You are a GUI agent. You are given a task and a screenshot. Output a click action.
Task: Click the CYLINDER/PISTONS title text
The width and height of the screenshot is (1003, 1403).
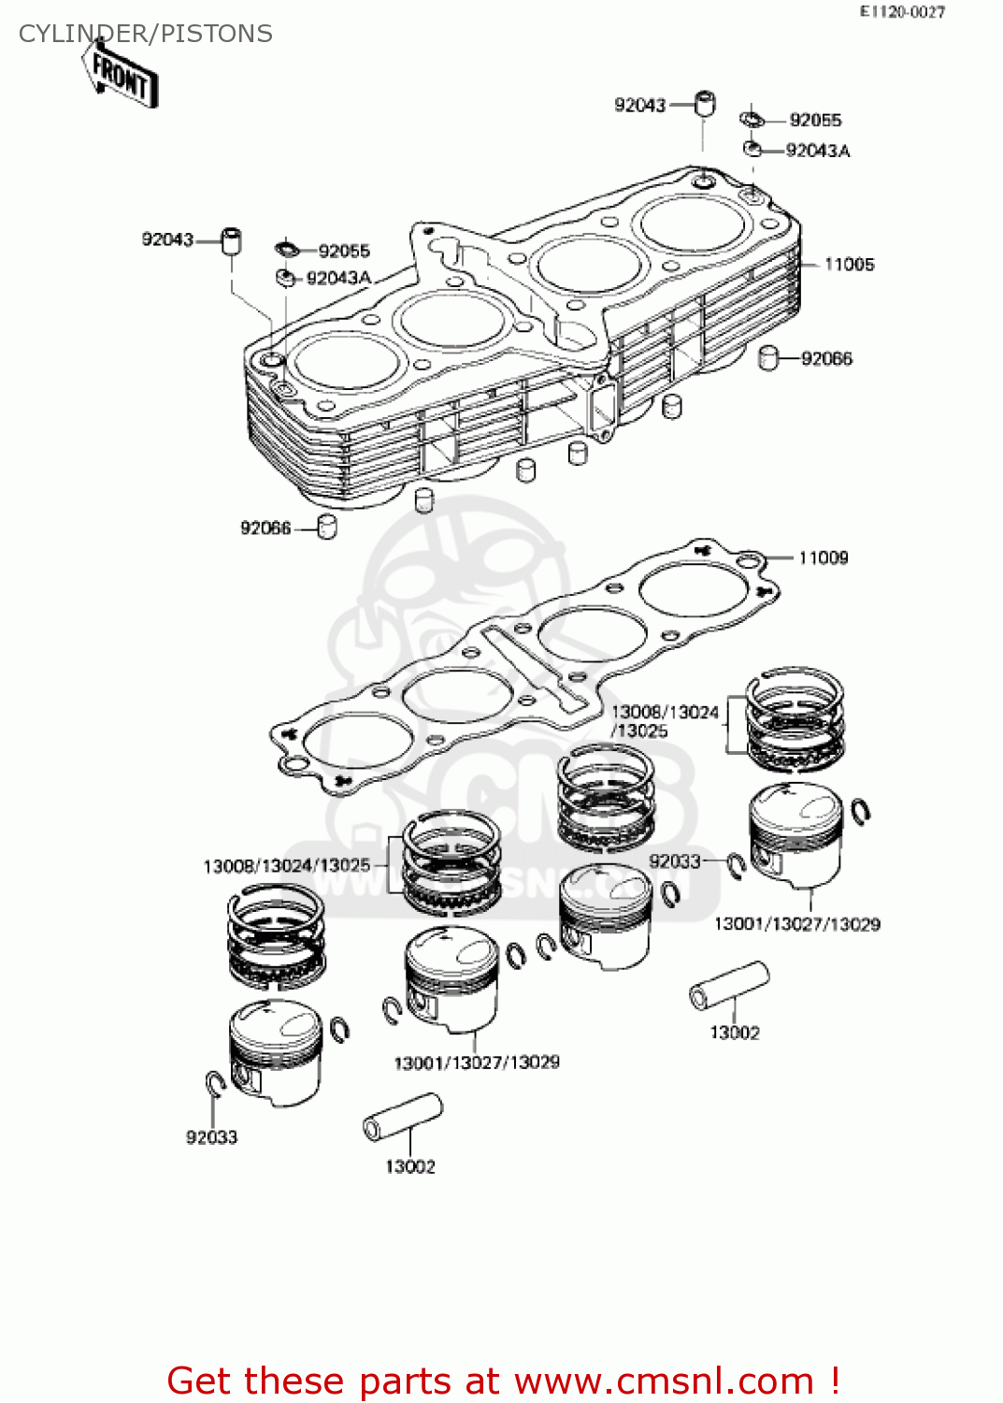[x=145, y=34]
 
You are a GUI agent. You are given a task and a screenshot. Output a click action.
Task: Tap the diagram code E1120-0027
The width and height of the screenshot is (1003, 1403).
[x=902, y=12]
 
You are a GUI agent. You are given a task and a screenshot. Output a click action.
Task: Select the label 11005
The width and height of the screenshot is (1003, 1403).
[x=849, y=265]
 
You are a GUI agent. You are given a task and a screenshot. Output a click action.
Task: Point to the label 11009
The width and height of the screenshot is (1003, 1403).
[x=823, y=558]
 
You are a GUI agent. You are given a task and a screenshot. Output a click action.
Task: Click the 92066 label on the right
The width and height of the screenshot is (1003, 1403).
[x=826, y=359]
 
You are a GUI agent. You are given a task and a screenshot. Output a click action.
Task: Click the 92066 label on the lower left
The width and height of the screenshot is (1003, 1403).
[x=265, y=528]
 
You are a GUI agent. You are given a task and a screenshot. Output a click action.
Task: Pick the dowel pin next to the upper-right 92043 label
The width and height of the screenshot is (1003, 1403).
[x=705, y=104]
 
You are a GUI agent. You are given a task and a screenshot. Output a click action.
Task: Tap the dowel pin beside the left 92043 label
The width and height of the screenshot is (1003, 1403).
[x=231, y=240]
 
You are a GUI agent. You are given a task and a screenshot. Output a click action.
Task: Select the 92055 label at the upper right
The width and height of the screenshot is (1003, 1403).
[x=815, y=120]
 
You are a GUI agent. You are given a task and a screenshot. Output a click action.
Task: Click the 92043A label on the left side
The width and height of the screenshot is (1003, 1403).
[x=338, y=279]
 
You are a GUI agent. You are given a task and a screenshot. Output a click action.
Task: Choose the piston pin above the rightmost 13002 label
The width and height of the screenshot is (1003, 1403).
[x=729, y=986]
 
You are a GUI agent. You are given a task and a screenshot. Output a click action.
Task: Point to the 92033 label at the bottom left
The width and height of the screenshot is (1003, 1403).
[x=211, y=1138]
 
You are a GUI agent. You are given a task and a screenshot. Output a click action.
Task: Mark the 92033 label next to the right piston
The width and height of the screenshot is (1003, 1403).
[x=674, y=861]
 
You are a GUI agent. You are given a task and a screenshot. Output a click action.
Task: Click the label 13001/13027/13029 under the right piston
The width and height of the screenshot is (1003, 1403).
[x=796, y=925]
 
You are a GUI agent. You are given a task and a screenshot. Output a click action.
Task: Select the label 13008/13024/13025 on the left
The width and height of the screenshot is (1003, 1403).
[x=287, y=866]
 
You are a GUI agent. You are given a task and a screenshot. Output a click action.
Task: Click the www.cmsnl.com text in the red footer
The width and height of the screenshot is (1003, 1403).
[x=664, y=1381]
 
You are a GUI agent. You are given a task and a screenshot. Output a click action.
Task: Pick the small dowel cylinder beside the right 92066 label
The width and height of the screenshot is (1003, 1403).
[x=768, y=358]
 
